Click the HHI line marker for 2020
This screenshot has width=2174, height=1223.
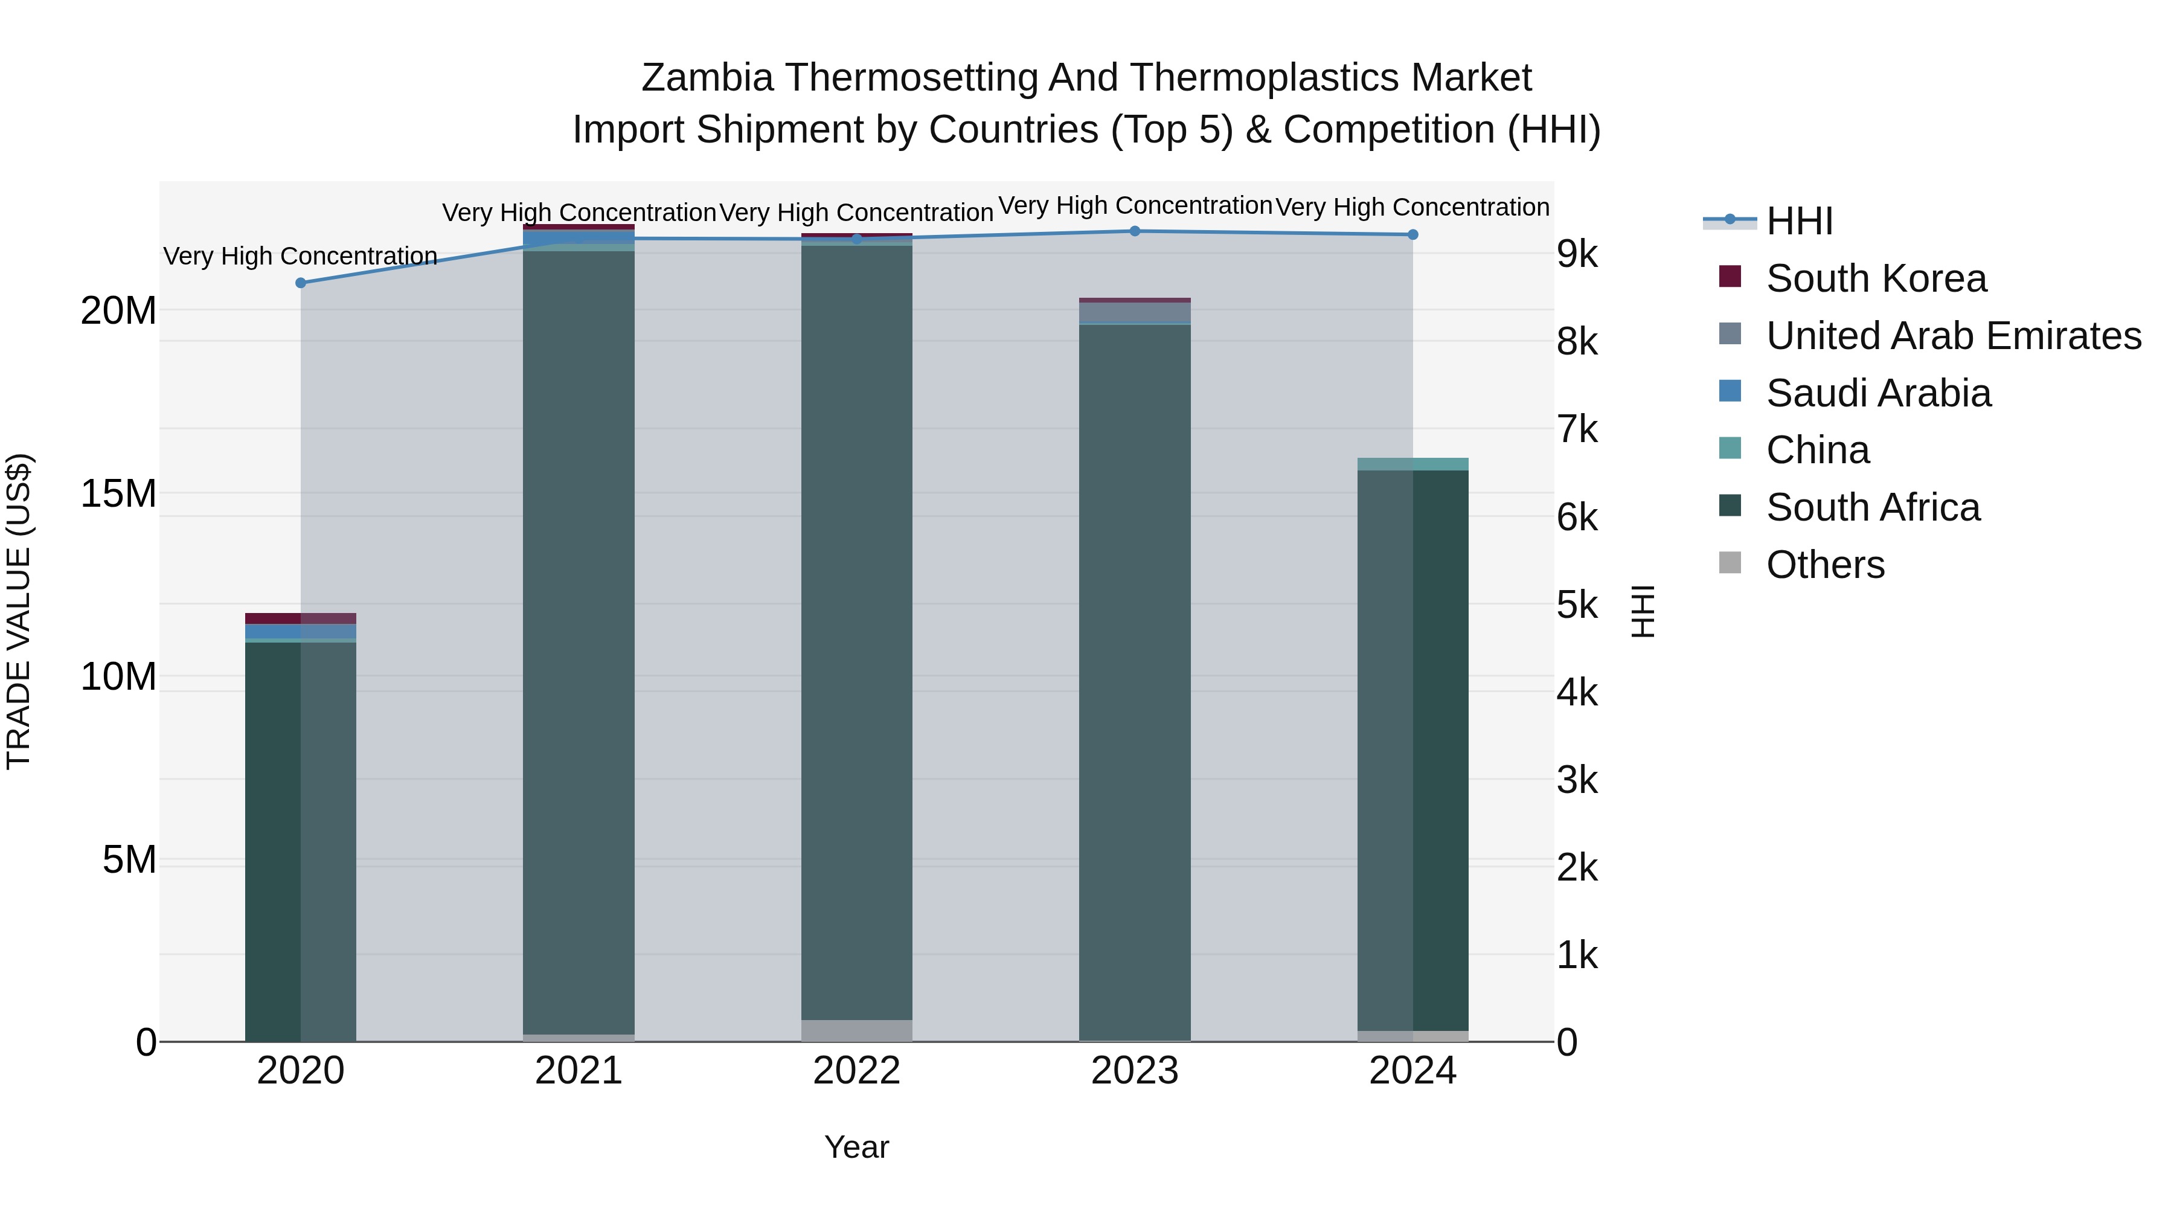[301, 283]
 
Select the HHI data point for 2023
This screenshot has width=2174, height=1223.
[1134, 231]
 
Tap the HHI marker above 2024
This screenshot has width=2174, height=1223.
[1412, 235]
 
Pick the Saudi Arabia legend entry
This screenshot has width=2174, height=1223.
[1877, 393]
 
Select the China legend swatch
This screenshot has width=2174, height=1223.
[1730, 449]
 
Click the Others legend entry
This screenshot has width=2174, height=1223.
[1824, 565]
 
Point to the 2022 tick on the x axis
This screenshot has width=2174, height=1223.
[856, 1071]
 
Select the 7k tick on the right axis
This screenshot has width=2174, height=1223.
[1577, 429]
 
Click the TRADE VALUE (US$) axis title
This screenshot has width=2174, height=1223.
[19, 611]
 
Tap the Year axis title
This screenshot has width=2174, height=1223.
[856, 1147]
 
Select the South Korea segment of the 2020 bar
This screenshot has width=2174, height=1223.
[301, 618]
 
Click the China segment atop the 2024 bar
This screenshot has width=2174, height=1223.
[1412, 464]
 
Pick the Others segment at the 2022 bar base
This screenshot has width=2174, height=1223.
[856, 1030]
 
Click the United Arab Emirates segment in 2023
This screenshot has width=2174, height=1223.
[1134, 312]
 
